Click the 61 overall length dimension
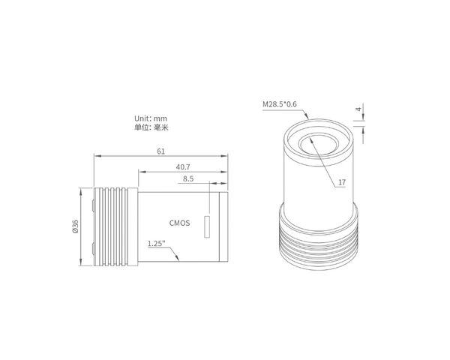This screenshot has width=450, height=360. coord(161,151)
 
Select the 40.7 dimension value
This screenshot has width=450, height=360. coord(183,166)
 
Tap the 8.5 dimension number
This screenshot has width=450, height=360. coord(188,178)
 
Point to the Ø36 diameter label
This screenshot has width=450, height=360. coord(76,226)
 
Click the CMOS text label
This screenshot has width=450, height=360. coord(180,223)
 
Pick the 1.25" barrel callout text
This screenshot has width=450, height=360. coord(157,244)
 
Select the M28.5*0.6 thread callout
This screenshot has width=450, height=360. coord(280,104)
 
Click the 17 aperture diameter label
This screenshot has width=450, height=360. coord(342,182)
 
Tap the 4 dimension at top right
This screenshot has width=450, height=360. coord(358,109)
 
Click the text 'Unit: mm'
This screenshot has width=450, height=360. coord(151,118)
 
